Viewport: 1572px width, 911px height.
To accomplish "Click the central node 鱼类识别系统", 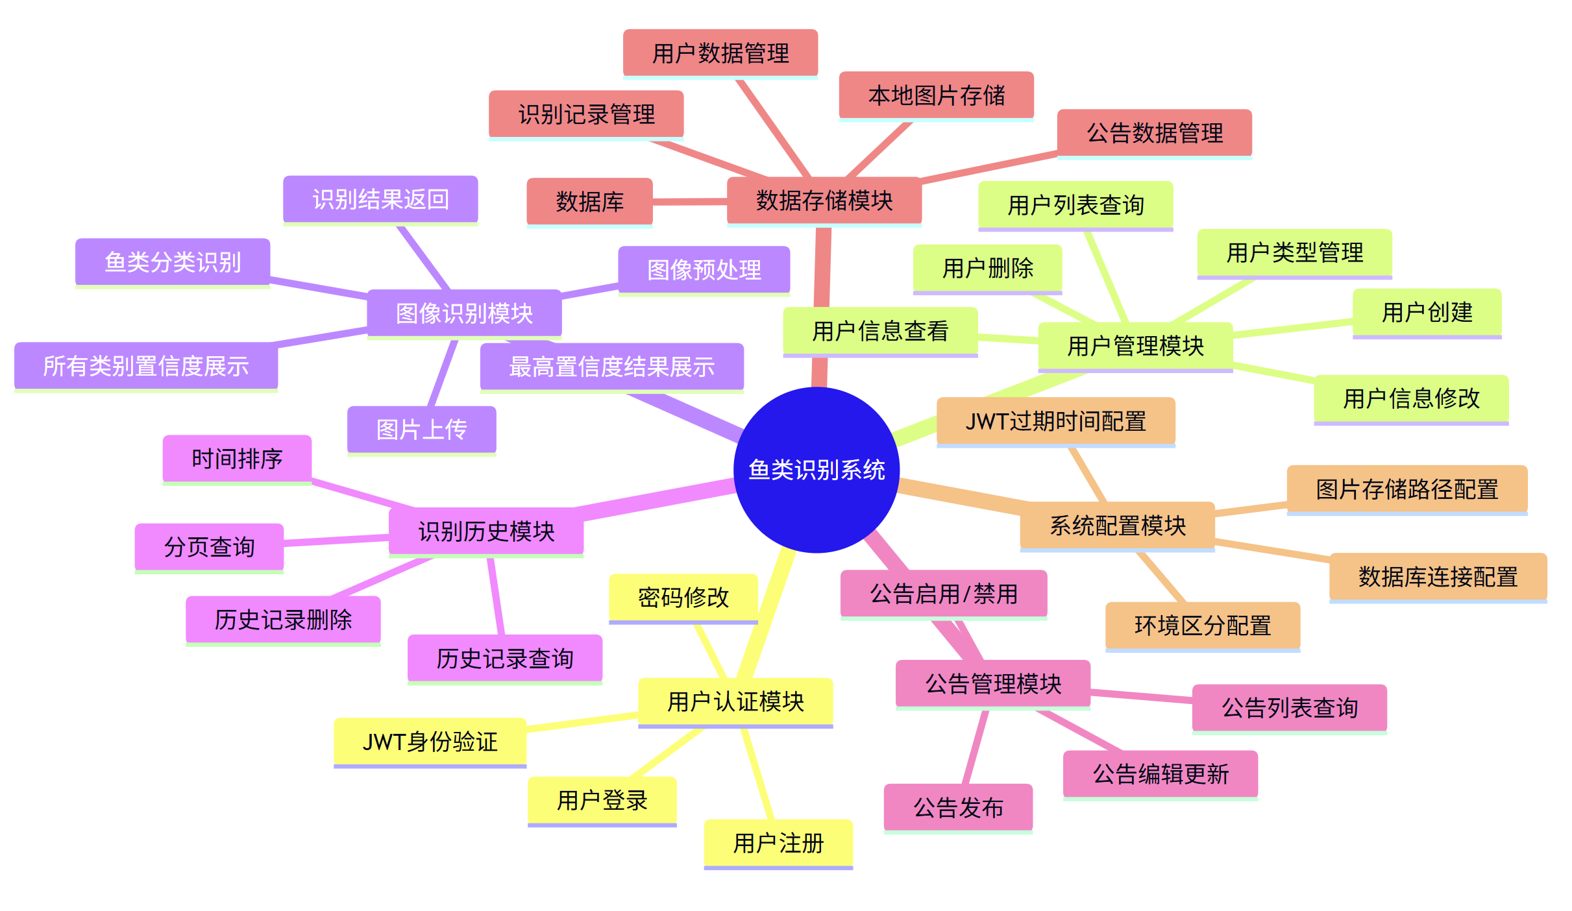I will pyautogui.click(x=816, y=470).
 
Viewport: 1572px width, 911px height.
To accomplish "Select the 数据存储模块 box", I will pyautogui.click(x=824, y=200).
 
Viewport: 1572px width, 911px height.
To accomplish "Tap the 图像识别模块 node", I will pyautogui.click(x=464, y=313).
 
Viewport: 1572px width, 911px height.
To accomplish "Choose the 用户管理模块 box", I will pyautogui.click(x=1135, y=346).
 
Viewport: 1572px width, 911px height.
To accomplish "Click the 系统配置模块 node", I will pyautogui.click(x=1117, y=525).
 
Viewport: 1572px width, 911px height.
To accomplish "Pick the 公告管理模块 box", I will pyautogui.click(x=992, y=683).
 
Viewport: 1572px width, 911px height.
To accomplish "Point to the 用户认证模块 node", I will pyautogui.click(x=735, y=701).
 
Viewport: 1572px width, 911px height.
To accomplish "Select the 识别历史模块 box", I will pyautogui.click(x=486, y=531).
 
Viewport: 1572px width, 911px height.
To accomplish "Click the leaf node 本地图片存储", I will pyautogui.click(x=936, y=95).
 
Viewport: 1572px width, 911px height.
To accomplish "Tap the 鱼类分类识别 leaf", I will pyautogui.click(x=173, y=262).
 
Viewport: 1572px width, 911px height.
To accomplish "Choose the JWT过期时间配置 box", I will pyautogui.click(x=1055, y=421).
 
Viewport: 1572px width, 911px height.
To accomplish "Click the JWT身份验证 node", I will pyautogui.click(x=430, y=742).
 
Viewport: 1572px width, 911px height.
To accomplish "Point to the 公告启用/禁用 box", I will pyautogui.click(x=943, y=594).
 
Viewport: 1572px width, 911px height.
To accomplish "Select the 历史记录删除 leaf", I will pyautogui.click(x=283, y=620).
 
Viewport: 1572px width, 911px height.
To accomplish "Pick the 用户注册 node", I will pyautogui.click(x=778, y=844).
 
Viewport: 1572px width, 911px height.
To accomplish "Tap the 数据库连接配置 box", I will pyautogui.click(x=1438, y=576).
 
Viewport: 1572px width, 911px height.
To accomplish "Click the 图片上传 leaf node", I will pyautogui.click(x=421, y=430).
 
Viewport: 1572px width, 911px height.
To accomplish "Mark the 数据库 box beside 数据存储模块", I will pyautogui.click(x=589, y=202).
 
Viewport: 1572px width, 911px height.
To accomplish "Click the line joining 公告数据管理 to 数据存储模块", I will pyautogui.click(x=989, y=167).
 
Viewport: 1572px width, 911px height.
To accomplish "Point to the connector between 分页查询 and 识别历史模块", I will pyautogui.click(x=336, y=540).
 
